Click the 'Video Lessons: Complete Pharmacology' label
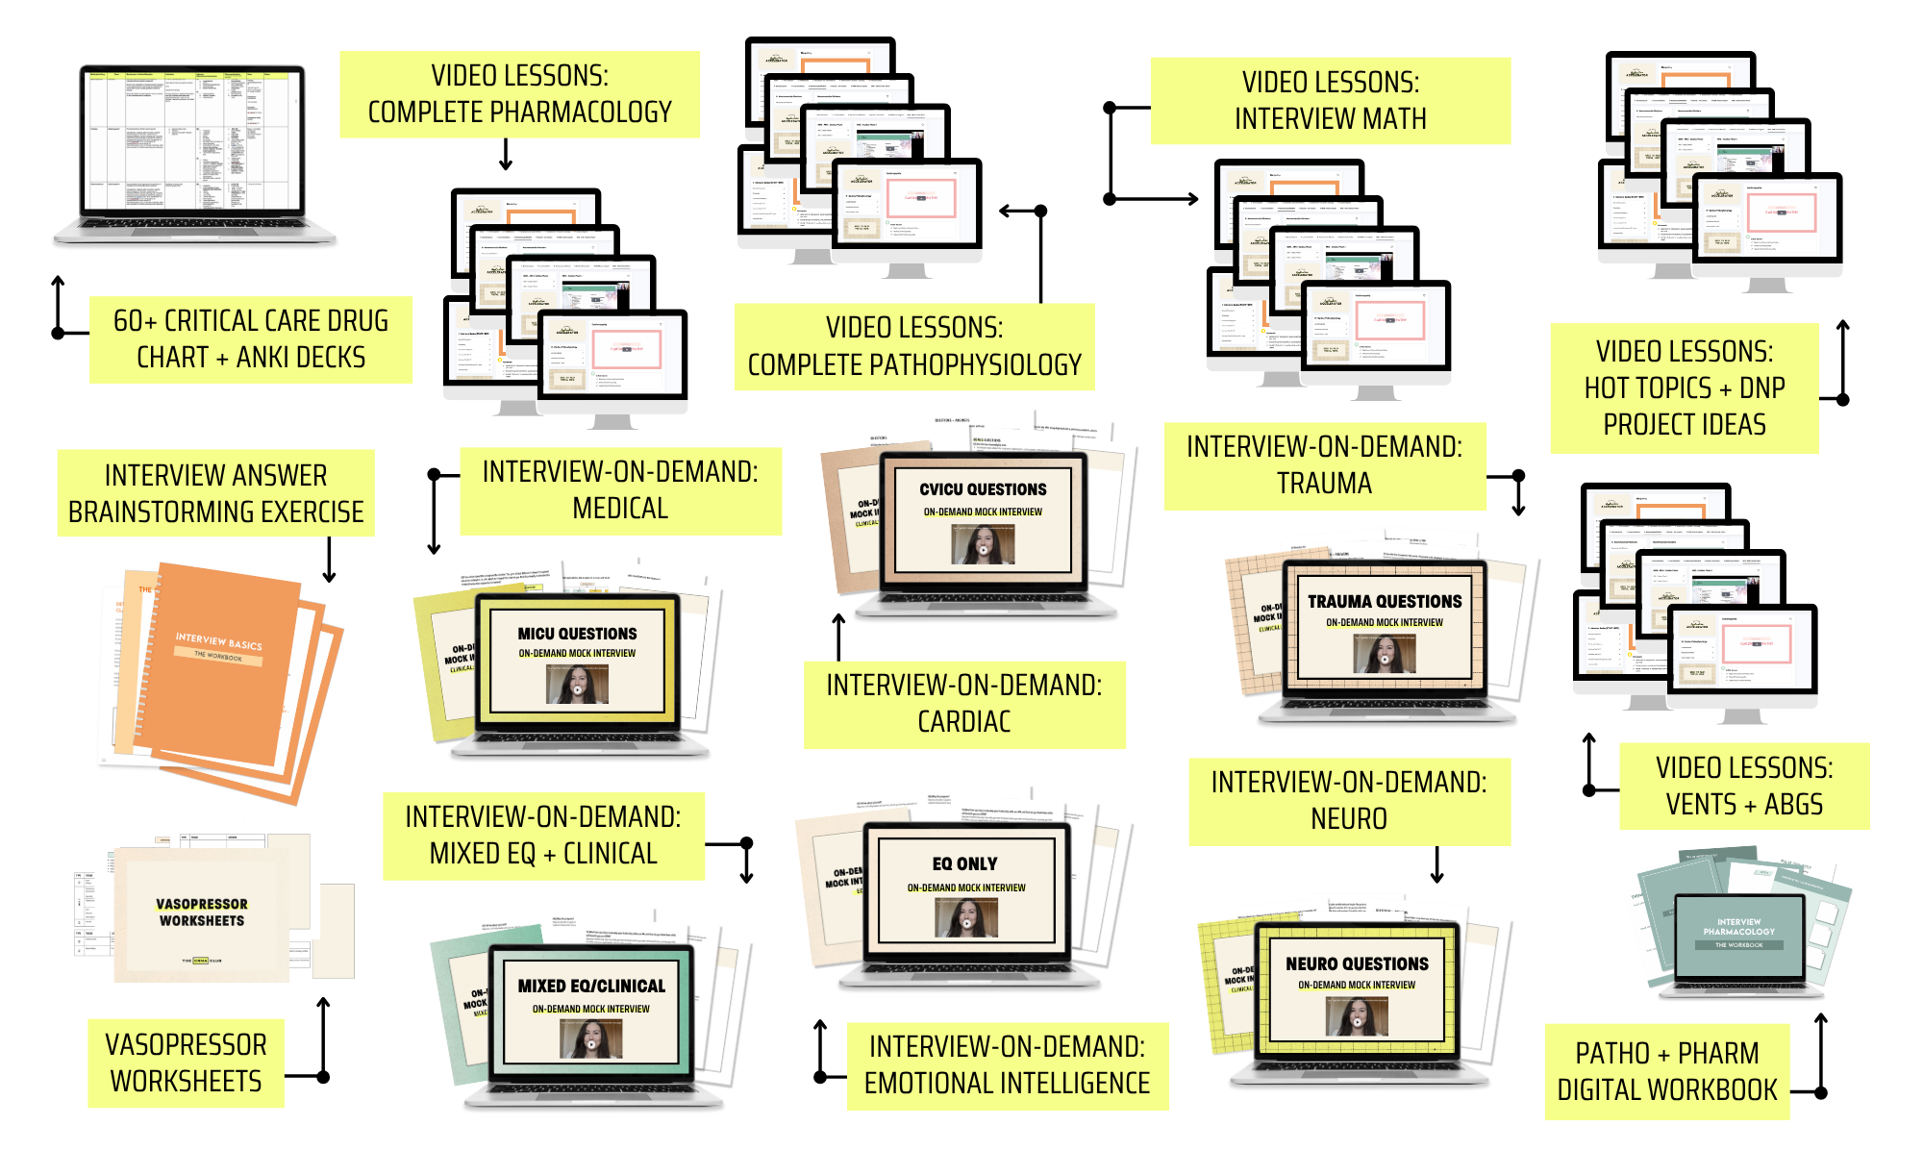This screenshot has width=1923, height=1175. [x=519, y=94]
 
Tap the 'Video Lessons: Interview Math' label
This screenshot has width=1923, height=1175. [x=1330, y=101]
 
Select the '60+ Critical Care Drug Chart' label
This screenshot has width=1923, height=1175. [x=250, y=338]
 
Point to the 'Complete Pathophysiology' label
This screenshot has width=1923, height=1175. [x=913, y=347]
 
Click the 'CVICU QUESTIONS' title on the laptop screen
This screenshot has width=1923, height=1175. [x=983, y=489]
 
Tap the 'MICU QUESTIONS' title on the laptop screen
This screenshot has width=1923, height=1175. [x=577, y=634]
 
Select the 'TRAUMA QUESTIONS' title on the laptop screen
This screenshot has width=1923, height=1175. [x=1385, y=602]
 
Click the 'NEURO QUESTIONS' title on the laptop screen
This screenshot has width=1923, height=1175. [x=1357, y=964]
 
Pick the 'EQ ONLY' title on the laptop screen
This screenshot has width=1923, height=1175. [x=964, y=864]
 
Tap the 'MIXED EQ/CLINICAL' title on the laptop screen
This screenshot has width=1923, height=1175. [x=591, y=987]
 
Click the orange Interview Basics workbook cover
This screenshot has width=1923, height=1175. [x=217, y=663]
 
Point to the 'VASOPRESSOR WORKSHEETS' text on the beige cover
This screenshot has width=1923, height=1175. [x=202, y=912]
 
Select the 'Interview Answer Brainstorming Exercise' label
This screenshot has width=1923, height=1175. [x=215, y=493]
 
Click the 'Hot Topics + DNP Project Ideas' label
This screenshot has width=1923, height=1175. [x=1684, y=387]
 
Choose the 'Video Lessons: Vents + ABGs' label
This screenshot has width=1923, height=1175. [x=1743, y=786]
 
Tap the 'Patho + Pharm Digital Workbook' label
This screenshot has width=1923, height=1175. [x=1666, y=1071]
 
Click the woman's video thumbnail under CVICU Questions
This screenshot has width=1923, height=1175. [x=983, y=546]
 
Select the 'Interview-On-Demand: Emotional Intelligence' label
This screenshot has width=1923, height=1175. [x=1007, y=1065]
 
